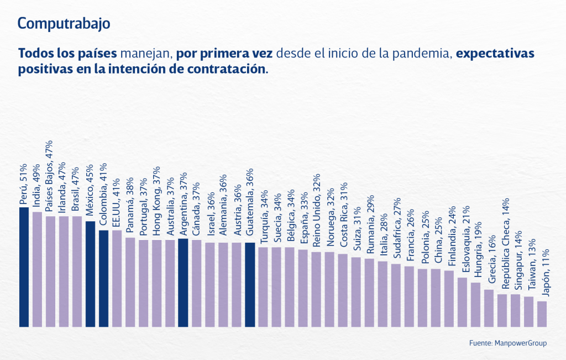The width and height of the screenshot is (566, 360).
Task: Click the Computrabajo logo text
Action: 64,24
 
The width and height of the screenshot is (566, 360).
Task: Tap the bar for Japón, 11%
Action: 542,314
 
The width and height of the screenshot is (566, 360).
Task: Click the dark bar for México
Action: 90,274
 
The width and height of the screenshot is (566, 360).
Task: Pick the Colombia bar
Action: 103,278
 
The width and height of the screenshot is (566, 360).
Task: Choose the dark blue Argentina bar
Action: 183,283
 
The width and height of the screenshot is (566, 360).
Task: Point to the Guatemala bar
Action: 250,285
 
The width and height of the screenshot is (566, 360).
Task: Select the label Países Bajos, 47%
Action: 50,180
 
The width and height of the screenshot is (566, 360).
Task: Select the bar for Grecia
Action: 489,308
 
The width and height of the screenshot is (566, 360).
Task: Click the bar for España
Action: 303,288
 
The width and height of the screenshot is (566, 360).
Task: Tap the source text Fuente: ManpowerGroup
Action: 508,343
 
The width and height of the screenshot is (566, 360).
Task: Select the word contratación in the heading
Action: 226,70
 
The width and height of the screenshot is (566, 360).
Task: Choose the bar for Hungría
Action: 475,305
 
